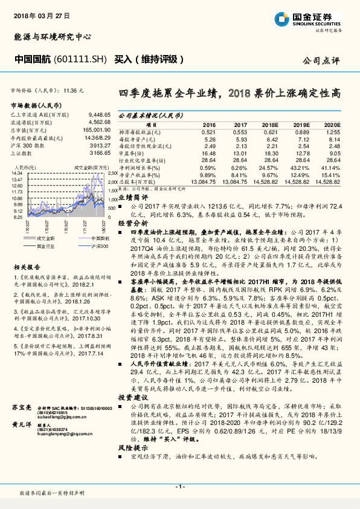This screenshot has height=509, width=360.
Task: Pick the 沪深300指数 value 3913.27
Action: (x=100, y=145)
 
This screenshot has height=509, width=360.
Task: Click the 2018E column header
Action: (x=270, y=124)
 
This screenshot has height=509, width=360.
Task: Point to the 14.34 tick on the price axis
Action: (x=17, y=173)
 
